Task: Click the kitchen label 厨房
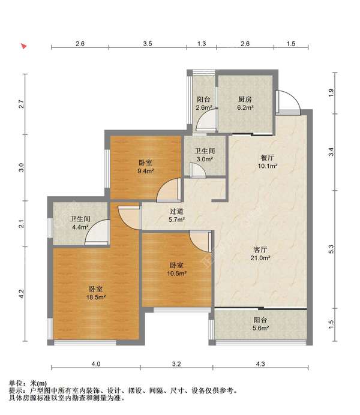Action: coord(245,100)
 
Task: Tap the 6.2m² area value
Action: coord(245,108)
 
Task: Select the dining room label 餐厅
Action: coord(268,158)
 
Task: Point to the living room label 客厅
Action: coord(260,249)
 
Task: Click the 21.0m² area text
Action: coord(260,258)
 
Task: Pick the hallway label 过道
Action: coord(176,212)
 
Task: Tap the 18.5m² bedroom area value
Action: coord(96,297)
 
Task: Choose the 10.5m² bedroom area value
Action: coord(176,273)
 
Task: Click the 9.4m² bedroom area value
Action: coord(146,171)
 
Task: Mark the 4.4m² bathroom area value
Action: coord(80,227)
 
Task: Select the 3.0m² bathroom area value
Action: coord(205,160)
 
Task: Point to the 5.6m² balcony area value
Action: coord(260,328)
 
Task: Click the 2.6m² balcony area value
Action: coord(204,108)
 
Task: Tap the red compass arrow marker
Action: coord(24,46)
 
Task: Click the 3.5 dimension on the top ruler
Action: coord(148,44)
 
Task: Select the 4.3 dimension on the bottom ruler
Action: coord(260,364)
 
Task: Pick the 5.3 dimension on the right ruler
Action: coord(331,249)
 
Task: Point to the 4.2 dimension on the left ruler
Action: coord(22,294)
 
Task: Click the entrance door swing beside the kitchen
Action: coord(289,102)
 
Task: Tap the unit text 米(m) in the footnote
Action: coord(38,383)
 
